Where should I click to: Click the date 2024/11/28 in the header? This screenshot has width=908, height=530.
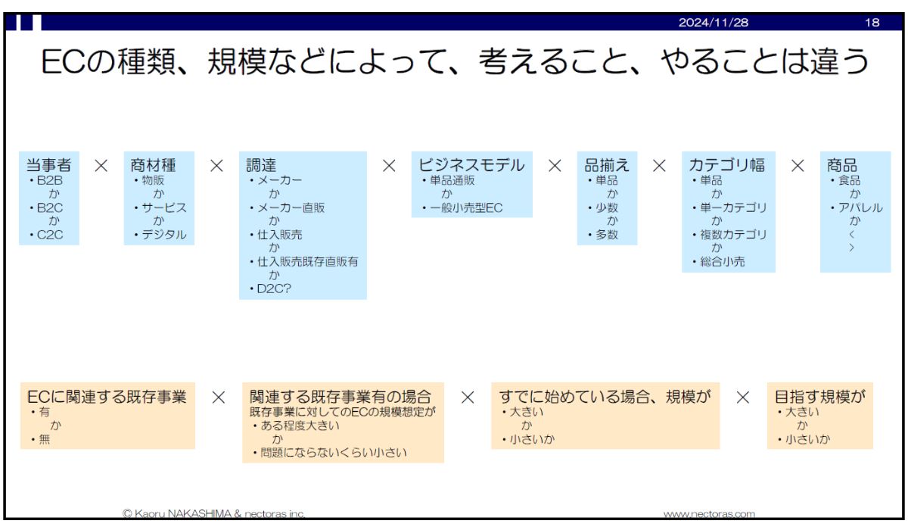pos(714,22)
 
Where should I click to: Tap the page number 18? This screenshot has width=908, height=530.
pos(872,22)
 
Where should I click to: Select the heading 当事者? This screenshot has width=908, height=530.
pos(48,165)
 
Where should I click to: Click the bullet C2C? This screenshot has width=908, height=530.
pos(49,235)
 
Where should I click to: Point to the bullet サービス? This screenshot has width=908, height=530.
pos(163,207)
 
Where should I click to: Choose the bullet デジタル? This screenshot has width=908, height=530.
pos(163,235)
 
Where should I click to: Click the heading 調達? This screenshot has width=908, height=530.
pos(261,165)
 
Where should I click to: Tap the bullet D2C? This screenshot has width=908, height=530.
pos(274,288)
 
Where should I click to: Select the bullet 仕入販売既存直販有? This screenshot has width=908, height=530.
pos(308,261)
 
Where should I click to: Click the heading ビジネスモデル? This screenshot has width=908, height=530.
pos(471,165)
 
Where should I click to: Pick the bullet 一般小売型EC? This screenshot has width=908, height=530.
pos(466,208)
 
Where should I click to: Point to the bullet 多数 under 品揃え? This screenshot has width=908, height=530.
pos(606,235)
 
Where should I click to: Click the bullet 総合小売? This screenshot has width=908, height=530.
pos(723,262)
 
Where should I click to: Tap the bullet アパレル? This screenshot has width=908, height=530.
pos(860,207)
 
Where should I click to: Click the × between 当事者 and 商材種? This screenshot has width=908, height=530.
pos(101,166)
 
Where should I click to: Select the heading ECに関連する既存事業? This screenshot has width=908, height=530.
pos(107,397)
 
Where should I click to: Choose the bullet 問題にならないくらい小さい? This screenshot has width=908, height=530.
pos(333,453)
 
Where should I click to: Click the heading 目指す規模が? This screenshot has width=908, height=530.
pos(819,397)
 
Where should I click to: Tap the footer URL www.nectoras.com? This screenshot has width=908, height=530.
pos(709,514)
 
